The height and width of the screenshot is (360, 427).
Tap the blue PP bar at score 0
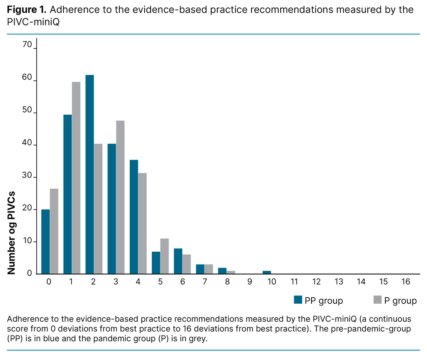[x=45, y=241]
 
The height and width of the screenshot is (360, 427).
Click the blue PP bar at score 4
[x=134, y=217]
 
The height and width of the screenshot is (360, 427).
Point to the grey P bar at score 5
[x=165, y=256]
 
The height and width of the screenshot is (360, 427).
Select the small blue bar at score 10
[x=267, y=272]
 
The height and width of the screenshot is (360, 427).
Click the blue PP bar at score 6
[x=178, y=261]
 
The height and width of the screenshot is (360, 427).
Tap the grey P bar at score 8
[x=231, y=272]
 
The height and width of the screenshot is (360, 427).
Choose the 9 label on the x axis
[x=249, y=282]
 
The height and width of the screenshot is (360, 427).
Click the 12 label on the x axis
[x=316, y=282]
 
